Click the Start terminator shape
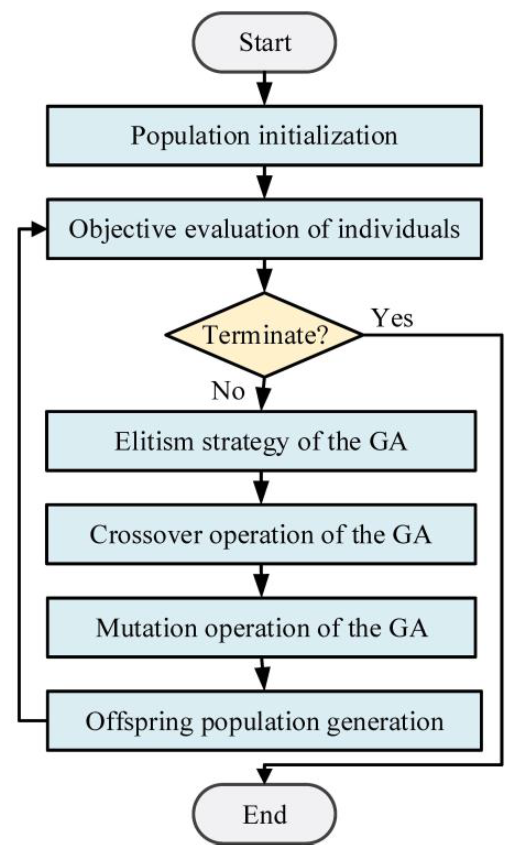click(264, 43)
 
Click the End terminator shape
click(264, 814)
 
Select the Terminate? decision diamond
click(264, 335)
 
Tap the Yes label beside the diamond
click(393, 318)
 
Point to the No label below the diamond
click(228, 391)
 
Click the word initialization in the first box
click(328, 136)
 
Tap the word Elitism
click(154, 441)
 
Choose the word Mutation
click(146, 628)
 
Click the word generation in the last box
click(385, 722)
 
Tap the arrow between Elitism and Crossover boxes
click(261, 488)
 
